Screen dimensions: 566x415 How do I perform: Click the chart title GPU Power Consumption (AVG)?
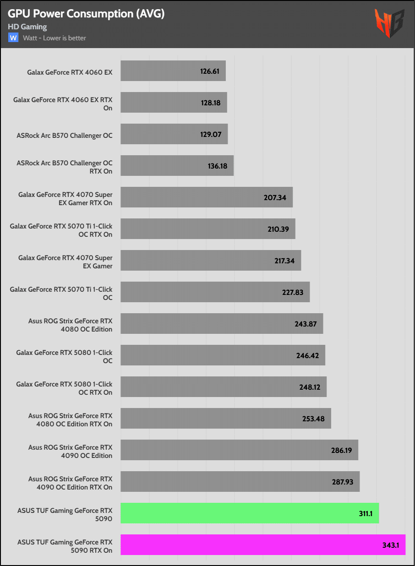point(86,14)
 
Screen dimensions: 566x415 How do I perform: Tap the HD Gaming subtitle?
point(27,27)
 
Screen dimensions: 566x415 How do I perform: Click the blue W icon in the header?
point(13,38)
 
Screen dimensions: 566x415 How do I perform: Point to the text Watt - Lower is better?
point(55,38)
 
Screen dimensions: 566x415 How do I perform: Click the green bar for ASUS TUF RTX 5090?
point(250,513)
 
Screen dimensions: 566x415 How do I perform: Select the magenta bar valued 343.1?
point(263,544)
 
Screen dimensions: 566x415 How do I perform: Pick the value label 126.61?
point(210,71)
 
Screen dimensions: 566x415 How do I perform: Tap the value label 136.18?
point(218,166)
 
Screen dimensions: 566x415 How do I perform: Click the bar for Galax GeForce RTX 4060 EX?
point(173,71)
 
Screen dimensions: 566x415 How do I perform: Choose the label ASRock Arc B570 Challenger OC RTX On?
point(65,167)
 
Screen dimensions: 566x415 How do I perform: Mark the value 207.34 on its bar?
point(275,197)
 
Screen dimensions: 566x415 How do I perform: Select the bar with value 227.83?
point(215,292)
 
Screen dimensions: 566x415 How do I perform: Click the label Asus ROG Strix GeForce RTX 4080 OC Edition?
point(70,325)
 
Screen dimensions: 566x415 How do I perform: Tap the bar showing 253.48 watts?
point(226,419)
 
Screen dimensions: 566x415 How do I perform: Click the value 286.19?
point(341,450)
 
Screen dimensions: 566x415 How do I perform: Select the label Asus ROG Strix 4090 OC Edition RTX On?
point(70,483)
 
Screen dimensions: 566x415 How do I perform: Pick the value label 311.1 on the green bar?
point(366,514)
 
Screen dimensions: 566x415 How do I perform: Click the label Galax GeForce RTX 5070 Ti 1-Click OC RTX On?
point(61,230)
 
